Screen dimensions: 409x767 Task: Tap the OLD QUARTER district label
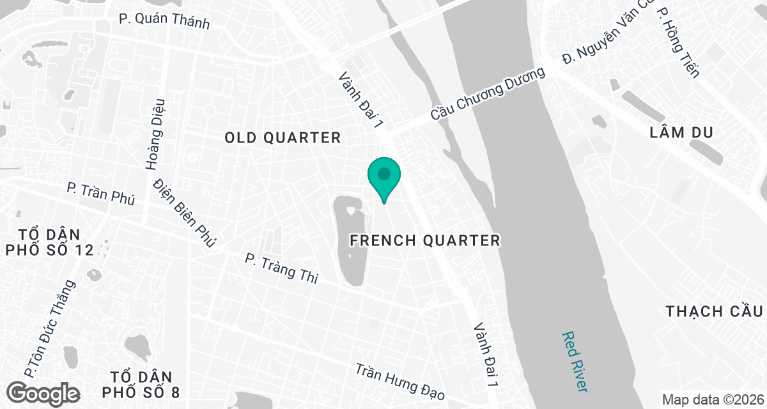pyautogui.click(x=283, y=137)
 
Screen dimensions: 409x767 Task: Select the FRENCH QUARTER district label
pyautogui.click(x=424, y=240)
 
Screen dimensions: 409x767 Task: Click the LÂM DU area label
pyautogui.click(x=681, y=133)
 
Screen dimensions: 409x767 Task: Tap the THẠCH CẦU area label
pyautogui.click(x=715, y=311)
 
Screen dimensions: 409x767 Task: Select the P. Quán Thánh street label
pyautogui.click(x=164, y=20)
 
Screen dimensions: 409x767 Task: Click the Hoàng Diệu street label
pyautogui.click(x=155, y=134)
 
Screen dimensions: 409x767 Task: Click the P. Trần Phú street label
pyautogui.click(x=101, y=194)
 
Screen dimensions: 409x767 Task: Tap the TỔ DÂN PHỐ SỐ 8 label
pyautogui.click(x=144, y=383)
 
